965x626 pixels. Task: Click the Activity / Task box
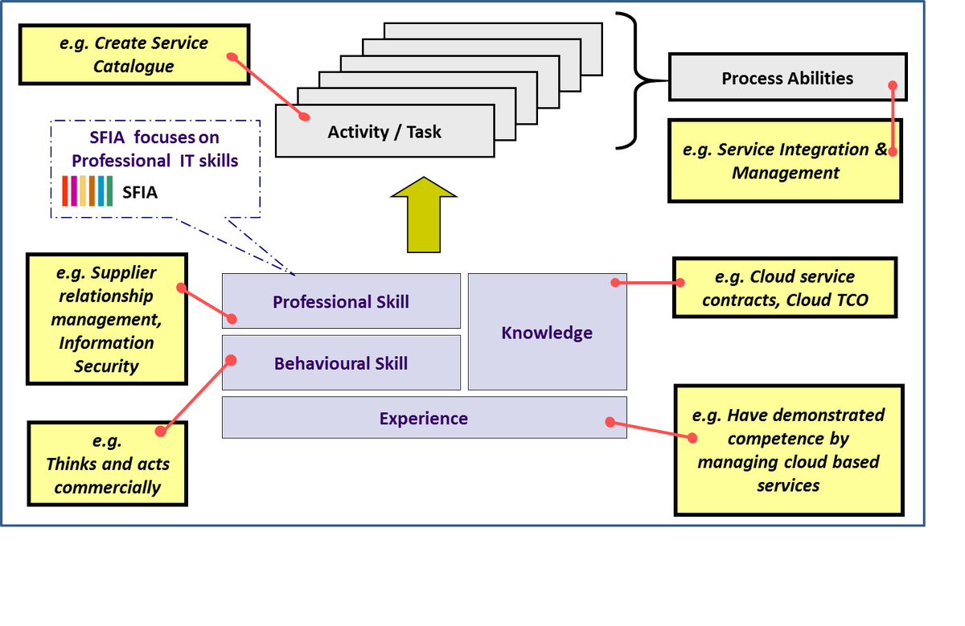(x=384, y=131)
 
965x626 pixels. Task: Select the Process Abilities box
(x=786, y=78)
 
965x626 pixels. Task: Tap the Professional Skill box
(x=340, y=301)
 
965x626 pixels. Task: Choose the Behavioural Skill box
(x=340, y=363)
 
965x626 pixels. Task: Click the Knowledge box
(x=547, y=333)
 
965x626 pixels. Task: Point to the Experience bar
(x=423, y=418)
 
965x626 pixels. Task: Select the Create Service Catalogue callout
(x=133, y=55)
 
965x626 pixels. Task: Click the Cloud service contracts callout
(x=784, y=288)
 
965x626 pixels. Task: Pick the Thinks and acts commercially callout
(x=107, y=464)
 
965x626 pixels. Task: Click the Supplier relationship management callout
(x=107, y=319)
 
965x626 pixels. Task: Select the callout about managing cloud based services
(x=788, y=450)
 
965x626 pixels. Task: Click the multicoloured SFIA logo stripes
(x=87, y=191)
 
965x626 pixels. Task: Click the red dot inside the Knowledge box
(x=614, y=282)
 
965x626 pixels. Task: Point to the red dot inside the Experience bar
(x=610, y=421)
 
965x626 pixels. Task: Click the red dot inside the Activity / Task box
(x=305, y=116)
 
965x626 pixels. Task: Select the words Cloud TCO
(x=830, y=301)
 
